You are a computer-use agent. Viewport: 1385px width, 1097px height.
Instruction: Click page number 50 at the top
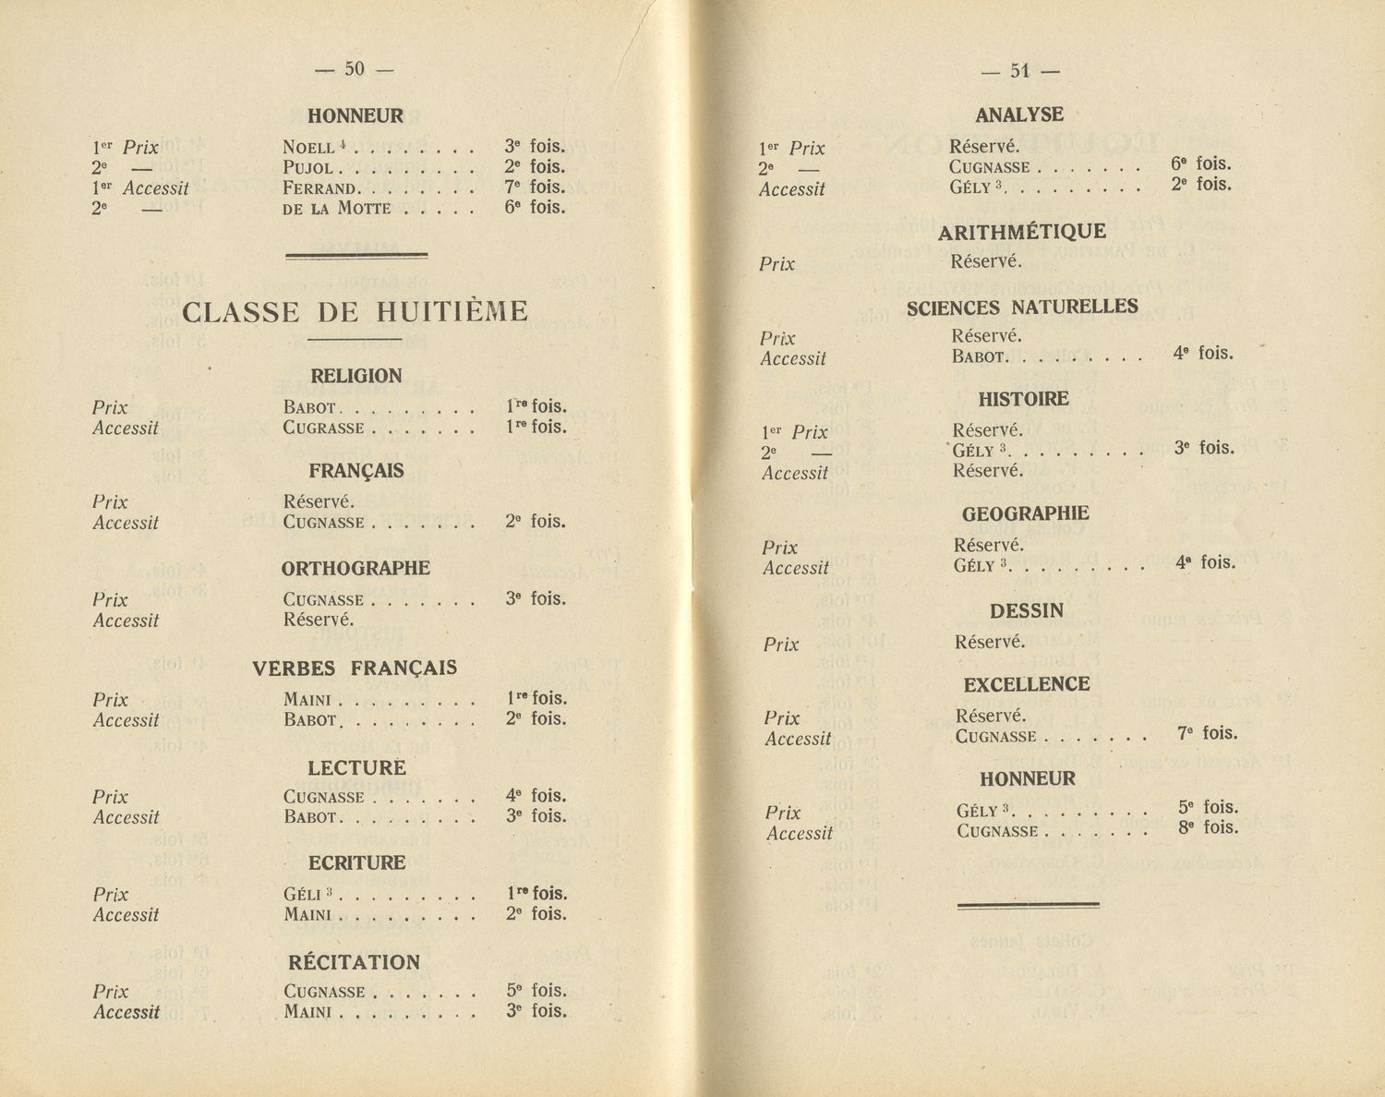tap(355, 68)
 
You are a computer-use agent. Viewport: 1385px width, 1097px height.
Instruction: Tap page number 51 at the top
tap(1019, 70)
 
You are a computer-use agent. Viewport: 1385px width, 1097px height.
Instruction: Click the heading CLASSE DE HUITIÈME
tap(355, 312)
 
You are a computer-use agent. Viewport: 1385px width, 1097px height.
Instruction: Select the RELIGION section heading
tap(356, 376)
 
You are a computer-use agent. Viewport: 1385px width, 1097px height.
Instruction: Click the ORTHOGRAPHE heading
tap(355, 568)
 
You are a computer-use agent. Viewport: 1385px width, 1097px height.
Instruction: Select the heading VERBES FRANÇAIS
tap(355, 668)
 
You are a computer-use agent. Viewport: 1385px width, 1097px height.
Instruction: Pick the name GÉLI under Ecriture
tap(303, 895)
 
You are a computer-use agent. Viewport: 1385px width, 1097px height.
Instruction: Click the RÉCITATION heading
tap(355, 962)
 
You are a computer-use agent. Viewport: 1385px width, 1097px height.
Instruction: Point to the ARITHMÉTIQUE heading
tap(1021, 232)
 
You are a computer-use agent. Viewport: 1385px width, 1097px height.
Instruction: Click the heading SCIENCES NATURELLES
tap(1022, 307)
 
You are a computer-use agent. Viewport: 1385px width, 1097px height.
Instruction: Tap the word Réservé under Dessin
tap(990, 642)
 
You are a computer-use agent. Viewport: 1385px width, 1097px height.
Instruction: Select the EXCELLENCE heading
tap(1027, 684)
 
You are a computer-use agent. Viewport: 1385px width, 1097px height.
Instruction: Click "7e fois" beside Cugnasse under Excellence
tap(1207, 733)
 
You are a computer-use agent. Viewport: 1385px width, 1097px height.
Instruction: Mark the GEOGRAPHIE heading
tap(1025, 513)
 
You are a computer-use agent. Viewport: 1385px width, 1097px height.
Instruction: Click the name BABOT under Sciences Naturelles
tap(978, 356)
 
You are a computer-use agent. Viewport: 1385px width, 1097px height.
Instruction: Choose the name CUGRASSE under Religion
tap(324, 428)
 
